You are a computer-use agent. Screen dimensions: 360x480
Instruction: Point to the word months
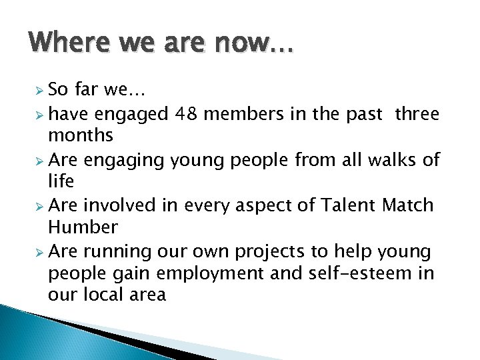coord(81,135)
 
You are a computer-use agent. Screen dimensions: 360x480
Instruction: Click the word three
coord(417,115)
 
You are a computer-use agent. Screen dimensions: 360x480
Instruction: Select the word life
coord(61,181)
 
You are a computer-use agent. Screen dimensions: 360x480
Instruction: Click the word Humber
coord(83,227)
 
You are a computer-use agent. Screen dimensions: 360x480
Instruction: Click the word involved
coord(127,206)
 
